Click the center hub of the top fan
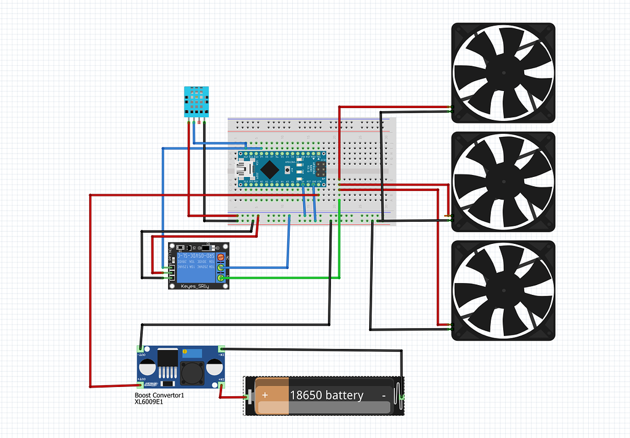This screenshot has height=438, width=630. click(x=503, y=71)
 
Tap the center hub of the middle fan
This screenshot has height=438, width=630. click(x=503, y=182)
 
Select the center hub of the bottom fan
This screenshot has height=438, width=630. click(x=503, y=290)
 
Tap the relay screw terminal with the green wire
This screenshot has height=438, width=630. click(x=220, y=278)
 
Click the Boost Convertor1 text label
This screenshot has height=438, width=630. click(x=159, y=396)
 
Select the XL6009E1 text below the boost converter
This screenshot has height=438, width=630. click(x=149, y=402)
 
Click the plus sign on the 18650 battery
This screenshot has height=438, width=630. click(x=265, y=395)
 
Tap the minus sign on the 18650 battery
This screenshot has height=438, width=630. click(x=383, y=396)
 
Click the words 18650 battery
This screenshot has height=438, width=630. click(x=326, y=395)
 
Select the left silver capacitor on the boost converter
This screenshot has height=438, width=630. click(x=148, y=368)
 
